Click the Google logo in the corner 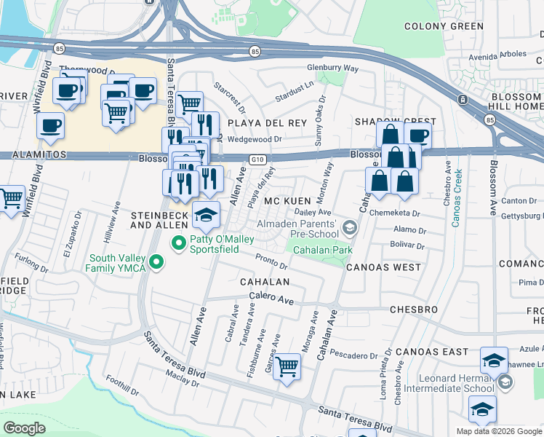click(x=25, y=428)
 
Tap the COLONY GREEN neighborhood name click(x=444, y=26)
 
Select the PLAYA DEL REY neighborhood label click(x=267, y=123)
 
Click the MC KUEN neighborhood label click(x=283, y=200)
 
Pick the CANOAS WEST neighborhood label click(x=383, y=267)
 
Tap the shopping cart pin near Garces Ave click(x=287, y=366)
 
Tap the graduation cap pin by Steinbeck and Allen click(x=206, y=214)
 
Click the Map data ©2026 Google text click(x=498, y=431)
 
